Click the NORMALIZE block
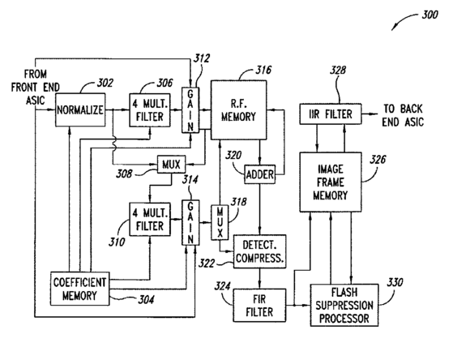(80, 109)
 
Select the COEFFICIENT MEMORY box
(80, 289)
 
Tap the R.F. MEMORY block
(238, 110)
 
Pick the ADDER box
(259, 174)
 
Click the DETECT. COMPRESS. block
(259, 251)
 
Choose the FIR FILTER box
(259, 306)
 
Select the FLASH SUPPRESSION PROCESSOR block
(344, 306)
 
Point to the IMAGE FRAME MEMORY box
(331, 182)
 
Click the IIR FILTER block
(331, 114)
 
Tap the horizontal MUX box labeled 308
(171, 165)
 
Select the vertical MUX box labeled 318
(220, 222)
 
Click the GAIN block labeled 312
(190, 110)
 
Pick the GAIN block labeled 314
(190, 222)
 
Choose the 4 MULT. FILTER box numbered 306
(150, 110)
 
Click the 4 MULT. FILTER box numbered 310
(150, 219)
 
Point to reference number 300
(429, 15)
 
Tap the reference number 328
(338, 70)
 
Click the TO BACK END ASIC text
(403, 115)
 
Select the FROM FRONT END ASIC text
(35, 88)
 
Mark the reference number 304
(146, 299)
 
